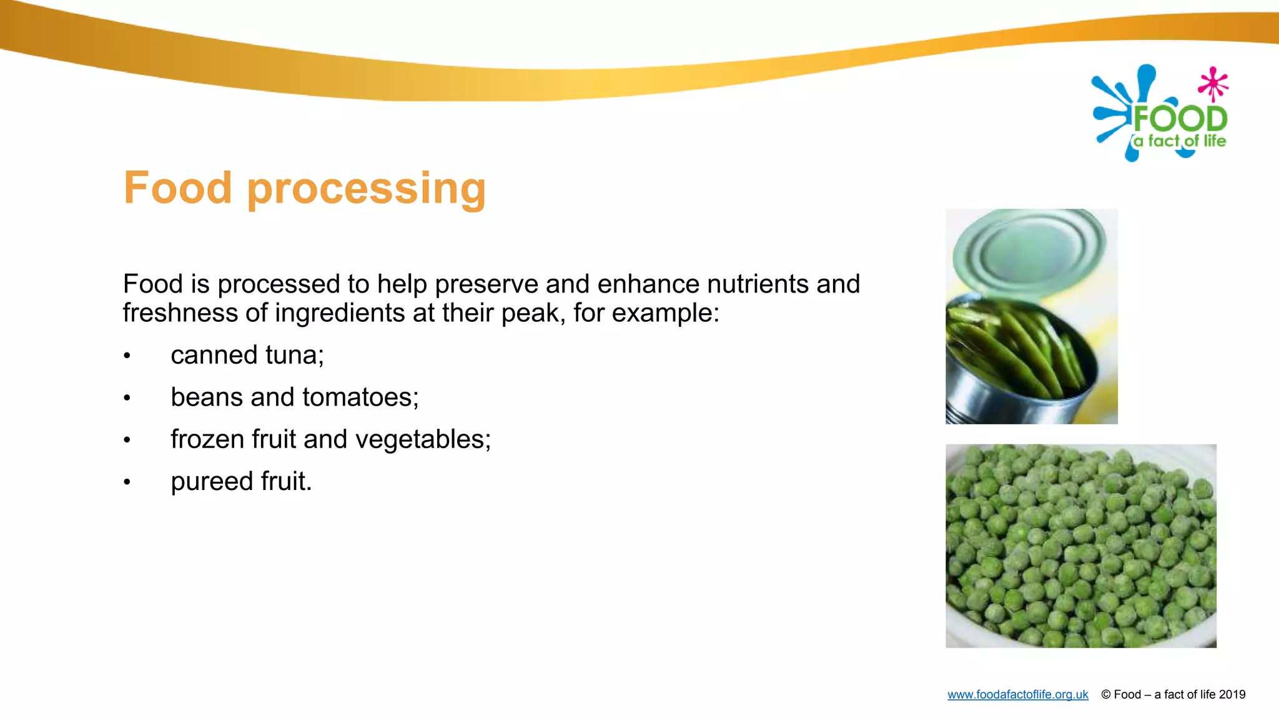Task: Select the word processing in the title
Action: (367, 189)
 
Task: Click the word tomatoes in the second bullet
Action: (360, 397)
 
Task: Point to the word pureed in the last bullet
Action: (212, 482)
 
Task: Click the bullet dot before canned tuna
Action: (127, 356)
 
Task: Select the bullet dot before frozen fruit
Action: (127, 441)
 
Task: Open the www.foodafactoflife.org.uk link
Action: (1017, 694)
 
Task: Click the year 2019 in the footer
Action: (1232, 694)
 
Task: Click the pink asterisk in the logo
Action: (1213, 83)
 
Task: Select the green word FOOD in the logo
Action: (1180, 119)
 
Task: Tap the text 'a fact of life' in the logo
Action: (1180, 141)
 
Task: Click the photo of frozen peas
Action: (1080, 546)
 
